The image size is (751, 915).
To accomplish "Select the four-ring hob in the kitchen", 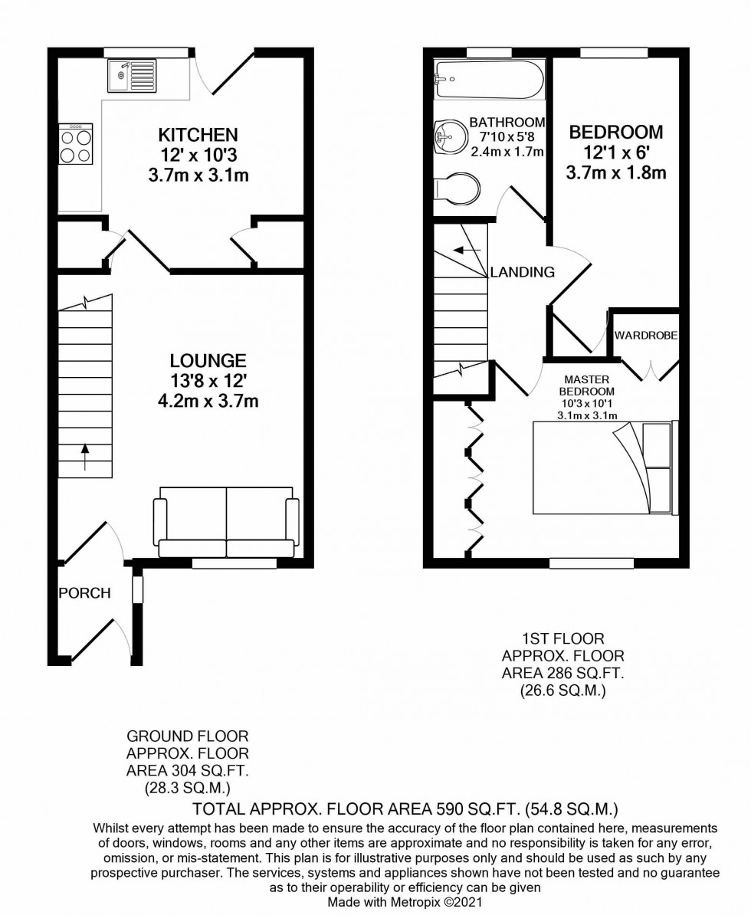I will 76,144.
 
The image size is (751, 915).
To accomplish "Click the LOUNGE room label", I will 208,360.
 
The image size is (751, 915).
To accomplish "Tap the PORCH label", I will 84,592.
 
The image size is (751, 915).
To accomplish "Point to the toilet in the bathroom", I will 458,187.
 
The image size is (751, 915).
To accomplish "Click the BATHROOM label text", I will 507,122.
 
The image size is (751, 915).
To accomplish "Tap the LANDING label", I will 523,272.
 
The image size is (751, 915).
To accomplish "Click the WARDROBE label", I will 646,335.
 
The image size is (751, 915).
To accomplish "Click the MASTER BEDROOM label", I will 587,385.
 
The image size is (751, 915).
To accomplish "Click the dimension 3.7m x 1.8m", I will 615,173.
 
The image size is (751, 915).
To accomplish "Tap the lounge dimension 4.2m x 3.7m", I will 208,400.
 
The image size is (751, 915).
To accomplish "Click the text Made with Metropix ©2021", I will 405,903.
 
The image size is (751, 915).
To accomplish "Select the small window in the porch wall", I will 137,589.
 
